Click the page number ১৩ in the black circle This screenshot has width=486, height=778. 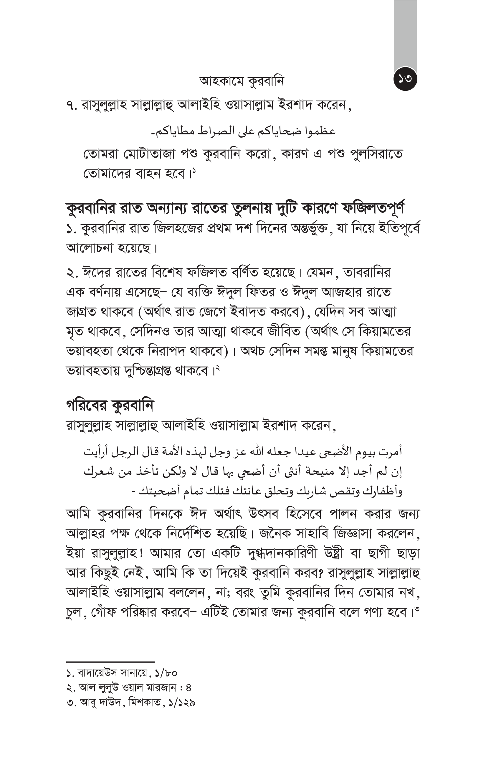coord(405,79)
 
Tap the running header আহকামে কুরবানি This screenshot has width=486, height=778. coord(242,81)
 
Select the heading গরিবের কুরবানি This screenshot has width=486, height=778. coord(110,406)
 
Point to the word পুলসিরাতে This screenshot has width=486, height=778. coord(377,154)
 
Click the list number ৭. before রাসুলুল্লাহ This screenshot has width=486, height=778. coord(71,106)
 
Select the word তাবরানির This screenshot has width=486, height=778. coord(367,273)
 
